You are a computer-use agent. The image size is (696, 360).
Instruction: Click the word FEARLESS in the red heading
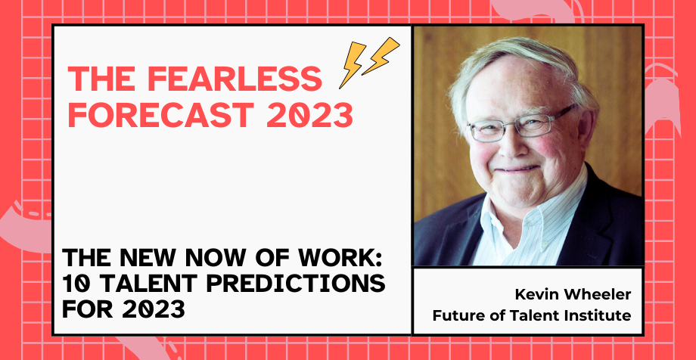click(x=234, y=79)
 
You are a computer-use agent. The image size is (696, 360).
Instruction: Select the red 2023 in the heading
click(x=310, y=115)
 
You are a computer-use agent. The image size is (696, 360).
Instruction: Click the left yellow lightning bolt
click(x=353, y=65)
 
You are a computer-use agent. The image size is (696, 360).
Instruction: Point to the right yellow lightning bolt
click(x=381, y=55)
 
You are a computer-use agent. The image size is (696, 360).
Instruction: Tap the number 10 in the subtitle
click(x=75, y=283)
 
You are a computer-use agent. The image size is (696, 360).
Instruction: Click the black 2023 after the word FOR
click(x=153, y=309)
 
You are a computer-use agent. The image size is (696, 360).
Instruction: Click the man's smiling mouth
click(x=517, y=169)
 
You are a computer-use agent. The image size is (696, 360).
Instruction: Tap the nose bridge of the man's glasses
click(x=508, y=125)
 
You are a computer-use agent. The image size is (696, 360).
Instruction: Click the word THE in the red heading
click(x=101, y=79)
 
